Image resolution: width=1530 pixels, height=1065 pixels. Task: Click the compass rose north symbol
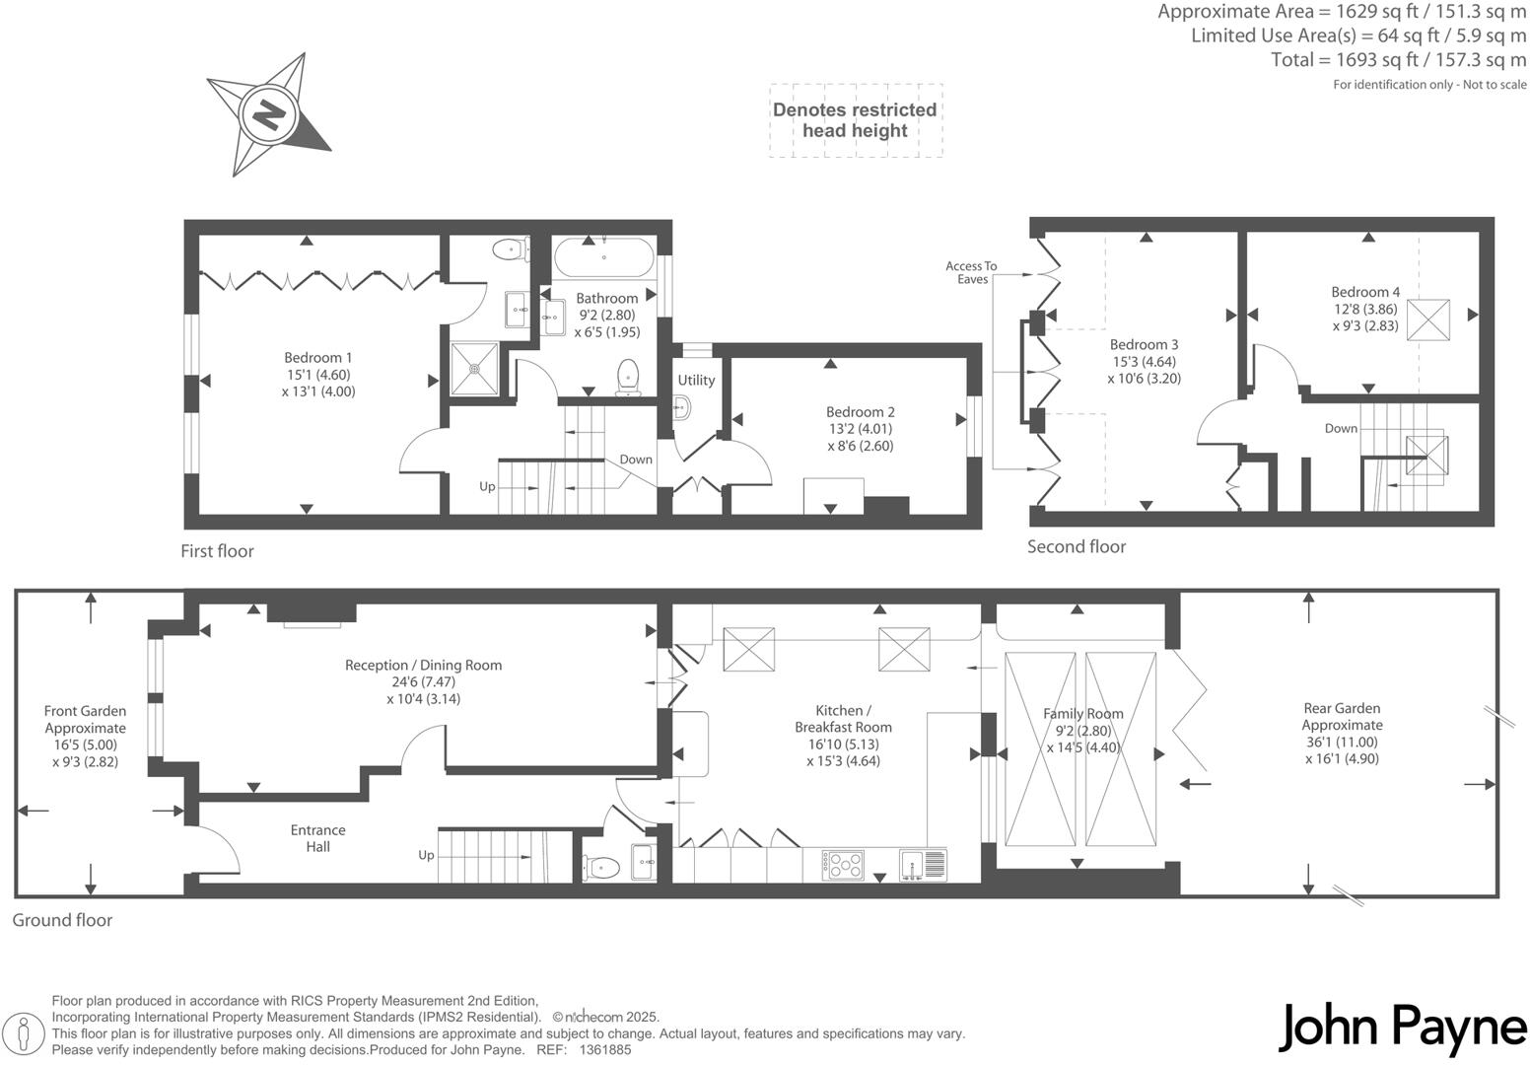(x=268, y=115)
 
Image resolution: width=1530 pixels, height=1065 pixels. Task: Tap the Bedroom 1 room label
(x=317, y=358)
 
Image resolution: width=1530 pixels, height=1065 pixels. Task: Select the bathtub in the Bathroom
(x=603, y=257)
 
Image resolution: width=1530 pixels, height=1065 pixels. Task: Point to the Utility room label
(x=696, y=380)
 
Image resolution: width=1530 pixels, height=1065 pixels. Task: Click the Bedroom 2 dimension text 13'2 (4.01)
(x=861, y=429)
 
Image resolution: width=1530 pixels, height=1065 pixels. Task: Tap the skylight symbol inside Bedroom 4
(x=1428, y=319)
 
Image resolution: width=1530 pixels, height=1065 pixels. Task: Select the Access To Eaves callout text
(x=971, y=272)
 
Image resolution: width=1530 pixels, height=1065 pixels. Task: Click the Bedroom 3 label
(x=1144, y=344)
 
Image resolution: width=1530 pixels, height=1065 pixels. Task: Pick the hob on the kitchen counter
(x=843, y=865)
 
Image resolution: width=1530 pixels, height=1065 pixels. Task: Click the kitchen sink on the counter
(x=922, y=865)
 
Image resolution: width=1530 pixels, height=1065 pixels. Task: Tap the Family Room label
(x=1083, y=713)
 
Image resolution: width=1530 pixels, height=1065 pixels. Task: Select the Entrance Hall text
(x=317, y=838)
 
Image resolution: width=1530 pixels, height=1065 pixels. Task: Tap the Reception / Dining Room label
(x=423, y=665)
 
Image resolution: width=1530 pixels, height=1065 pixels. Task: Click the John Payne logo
(x=1403, y=1028)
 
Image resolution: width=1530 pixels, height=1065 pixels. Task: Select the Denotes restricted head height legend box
(x=855, y=120)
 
